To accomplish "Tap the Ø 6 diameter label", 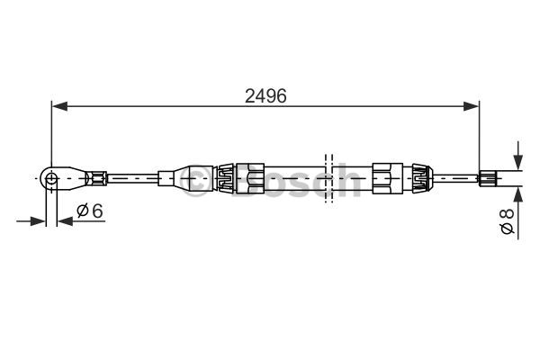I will click(x=90, y=210).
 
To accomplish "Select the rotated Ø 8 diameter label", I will click(x=507, y=222).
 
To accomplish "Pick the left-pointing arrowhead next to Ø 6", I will click(x=65, y=220).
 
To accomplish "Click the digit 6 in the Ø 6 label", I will click(x=97, y=210).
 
